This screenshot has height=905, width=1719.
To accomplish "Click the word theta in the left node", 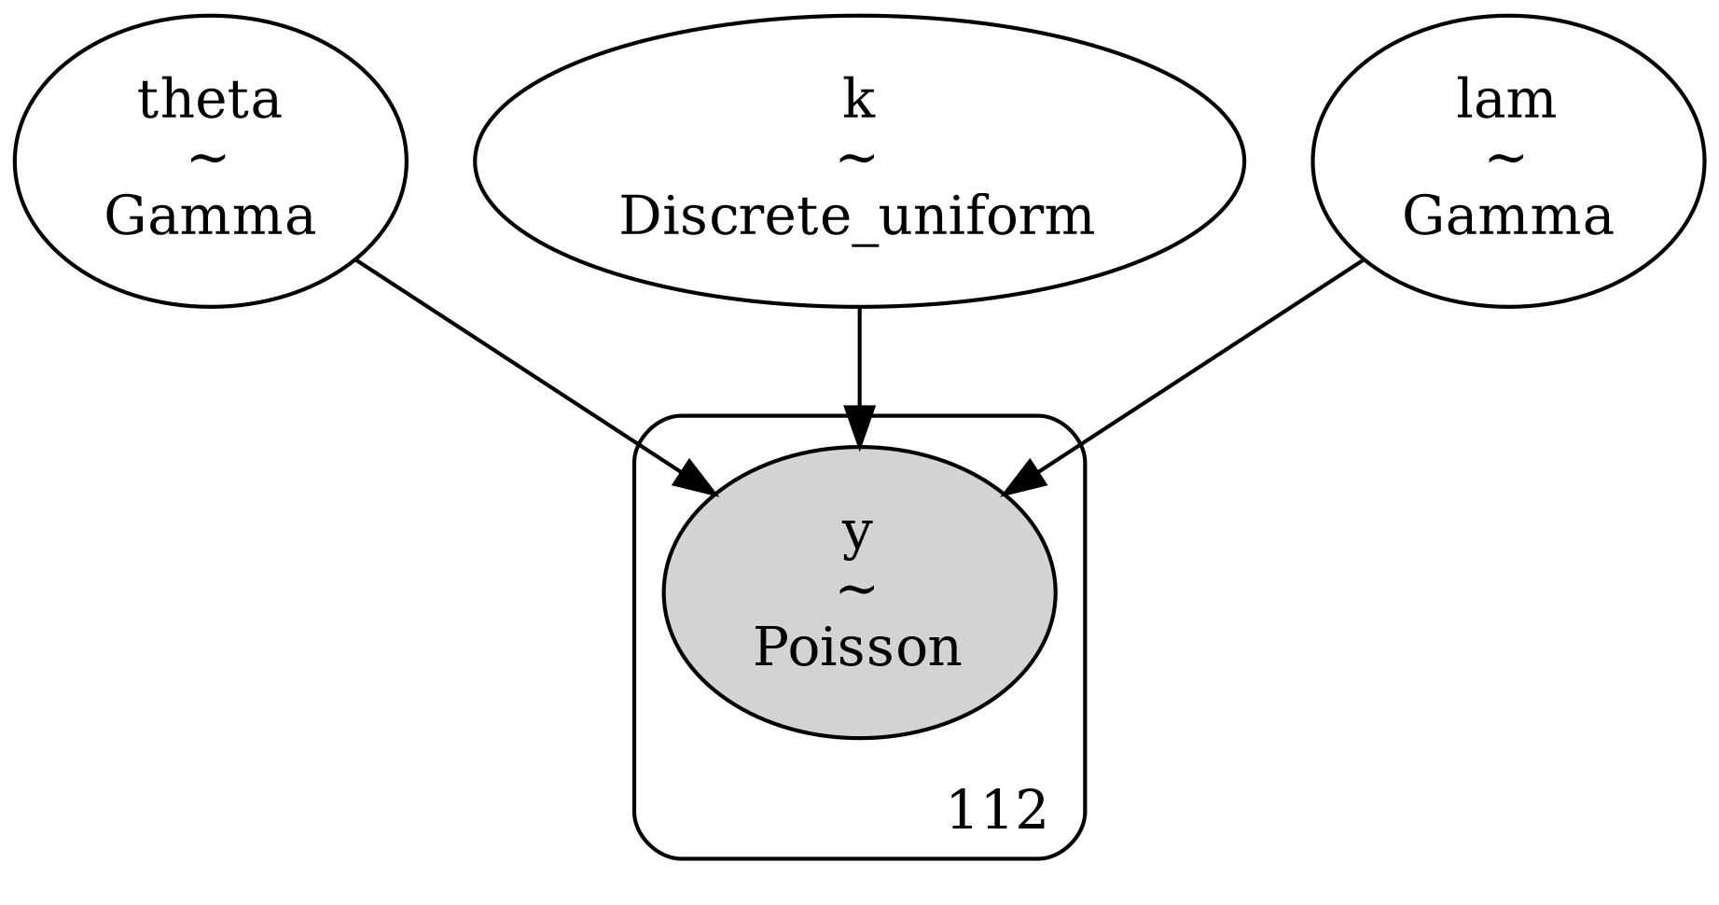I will coord(209,100).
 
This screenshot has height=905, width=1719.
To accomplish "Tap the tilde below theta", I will coord(209,160).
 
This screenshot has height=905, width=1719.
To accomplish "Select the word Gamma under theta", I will coord(209,217).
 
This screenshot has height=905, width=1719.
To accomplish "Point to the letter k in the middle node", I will coord(858,100).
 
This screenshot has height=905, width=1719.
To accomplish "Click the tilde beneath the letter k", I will coord(858,160).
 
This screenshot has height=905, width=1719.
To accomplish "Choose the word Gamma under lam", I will coord(1507,217).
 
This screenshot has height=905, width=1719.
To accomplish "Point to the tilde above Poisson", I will coord(858,590).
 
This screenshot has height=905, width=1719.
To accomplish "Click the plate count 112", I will coord(996,810).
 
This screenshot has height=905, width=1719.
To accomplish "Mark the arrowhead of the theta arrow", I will coord(695,480).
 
